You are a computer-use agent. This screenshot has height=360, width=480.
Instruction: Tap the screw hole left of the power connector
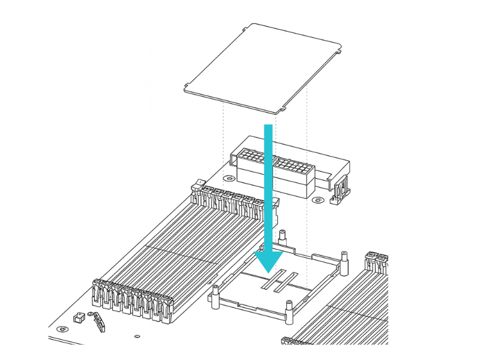tap(228, 178)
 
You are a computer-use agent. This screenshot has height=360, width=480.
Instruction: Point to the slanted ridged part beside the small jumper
tap(97, 322)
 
